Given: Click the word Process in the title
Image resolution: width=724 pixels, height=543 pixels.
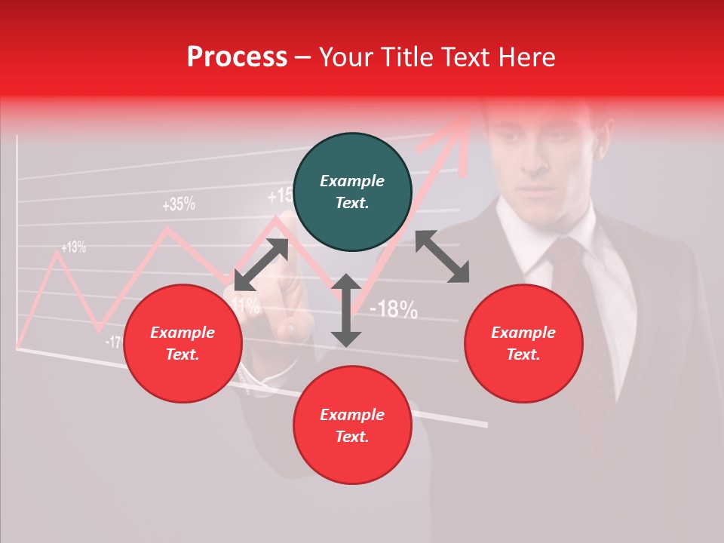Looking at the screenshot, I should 237,57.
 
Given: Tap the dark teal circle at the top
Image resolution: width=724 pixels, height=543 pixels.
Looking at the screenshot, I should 352,192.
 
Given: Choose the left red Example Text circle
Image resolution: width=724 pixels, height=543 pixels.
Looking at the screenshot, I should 183,343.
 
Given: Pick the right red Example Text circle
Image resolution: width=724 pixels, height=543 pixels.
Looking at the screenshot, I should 523,343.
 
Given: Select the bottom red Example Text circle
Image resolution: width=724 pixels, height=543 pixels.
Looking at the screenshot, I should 352,425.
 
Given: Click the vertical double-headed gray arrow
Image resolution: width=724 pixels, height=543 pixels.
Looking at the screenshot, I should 346,311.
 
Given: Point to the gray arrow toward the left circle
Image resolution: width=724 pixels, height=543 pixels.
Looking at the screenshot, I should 261,265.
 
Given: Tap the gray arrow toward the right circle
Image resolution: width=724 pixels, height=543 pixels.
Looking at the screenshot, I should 442,256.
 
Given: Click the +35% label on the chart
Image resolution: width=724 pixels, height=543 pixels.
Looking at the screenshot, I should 178,204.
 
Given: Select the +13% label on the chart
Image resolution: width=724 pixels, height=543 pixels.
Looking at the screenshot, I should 73,247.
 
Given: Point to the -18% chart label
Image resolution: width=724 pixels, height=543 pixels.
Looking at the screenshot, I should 394,308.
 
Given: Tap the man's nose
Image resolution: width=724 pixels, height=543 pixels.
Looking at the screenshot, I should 537,162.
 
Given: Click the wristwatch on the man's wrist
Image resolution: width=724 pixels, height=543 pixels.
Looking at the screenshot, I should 252,377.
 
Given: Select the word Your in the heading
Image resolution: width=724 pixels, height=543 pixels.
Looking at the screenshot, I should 345,57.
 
